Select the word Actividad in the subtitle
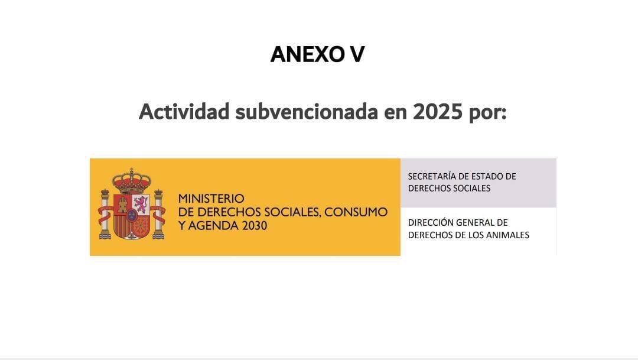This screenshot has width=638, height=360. tap(184, 111)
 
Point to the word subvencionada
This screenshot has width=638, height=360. tap(307, 111)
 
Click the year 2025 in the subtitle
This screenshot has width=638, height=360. tap(437, 111)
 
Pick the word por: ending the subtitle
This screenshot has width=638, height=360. tap(487, 112)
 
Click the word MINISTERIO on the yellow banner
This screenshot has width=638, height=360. tap(211, 199)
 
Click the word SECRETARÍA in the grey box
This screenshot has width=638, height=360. tap(433, 176)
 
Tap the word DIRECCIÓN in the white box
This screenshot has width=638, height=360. tap(432, 223)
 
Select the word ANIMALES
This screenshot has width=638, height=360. tap(507, 235)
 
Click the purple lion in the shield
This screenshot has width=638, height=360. tap(141, 205)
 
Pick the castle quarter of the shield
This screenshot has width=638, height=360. tap(123, 205)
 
